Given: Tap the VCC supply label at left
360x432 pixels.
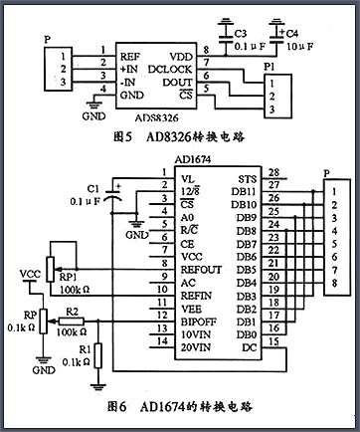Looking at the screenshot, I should (x=31, y=273).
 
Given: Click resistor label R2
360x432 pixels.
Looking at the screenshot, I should (x=71, y=312).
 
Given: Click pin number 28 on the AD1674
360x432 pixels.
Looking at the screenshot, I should (x=272, y=174).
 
